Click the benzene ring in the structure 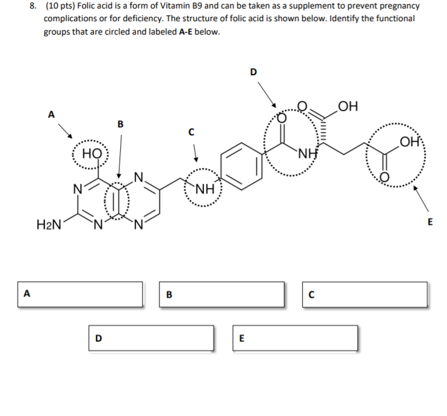(x=241, y=164)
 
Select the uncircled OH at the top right (x=349, y=108)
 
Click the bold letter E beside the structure (x=430, y=222)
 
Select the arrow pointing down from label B (x=120, y=155)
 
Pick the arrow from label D (x=267, y=94)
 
